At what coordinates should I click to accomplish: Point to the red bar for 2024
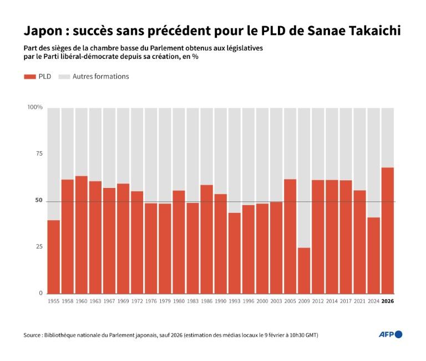click(374, 255)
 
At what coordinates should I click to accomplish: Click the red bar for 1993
click(235, 253)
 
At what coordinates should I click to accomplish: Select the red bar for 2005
click(290, 236)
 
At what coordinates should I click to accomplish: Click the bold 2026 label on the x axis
click(388, 301)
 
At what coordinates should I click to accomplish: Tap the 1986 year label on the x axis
click(206, 301)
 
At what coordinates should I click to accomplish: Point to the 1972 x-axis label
click(137, 301)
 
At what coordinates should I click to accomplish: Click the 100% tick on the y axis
click(35, 107)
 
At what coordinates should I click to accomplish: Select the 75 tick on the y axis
click(38, 154)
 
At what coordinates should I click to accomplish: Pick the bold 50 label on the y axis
click(38, 200)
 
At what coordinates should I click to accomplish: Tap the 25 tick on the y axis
click(38, 246)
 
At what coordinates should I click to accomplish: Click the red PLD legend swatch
click(29, 77)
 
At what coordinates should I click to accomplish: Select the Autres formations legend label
click(100, 77)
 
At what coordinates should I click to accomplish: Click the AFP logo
click(390, 334)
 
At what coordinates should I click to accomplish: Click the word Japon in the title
click(42, 30)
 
